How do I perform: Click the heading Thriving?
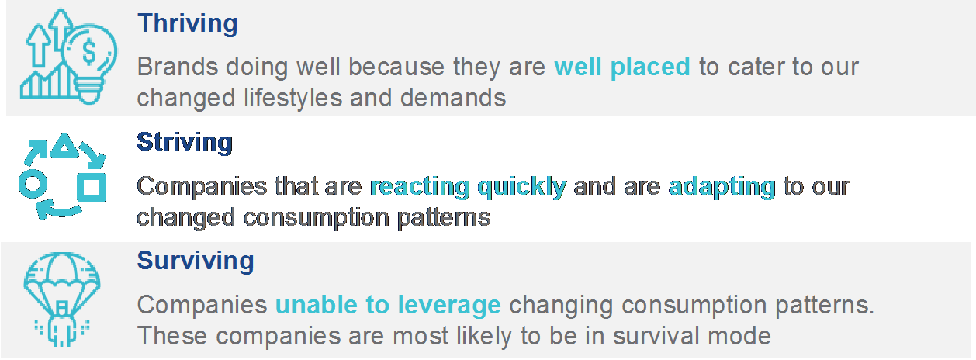(187, 24)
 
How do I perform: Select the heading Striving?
(185, 142)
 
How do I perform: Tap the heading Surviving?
(196, 261)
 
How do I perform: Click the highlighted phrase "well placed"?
(622, 67)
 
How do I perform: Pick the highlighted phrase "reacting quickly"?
(469, 187)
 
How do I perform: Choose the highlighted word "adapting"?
(722, 187)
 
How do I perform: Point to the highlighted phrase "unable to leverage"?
(388, 305)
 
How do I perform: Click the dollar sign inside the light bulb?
(89, 52)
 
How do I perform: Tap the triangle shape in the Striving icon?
(64, 145)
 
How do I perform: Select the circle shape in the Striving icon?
(33, 184)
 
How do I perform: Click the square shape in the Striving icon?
(92, 188)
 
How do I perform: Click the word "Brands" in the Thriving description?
(178, 67)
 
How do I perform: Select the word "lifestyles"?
(292, 98)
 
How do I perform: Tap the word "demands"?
(453, 98)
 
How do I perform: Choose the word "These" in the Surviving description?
(173, 336)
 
